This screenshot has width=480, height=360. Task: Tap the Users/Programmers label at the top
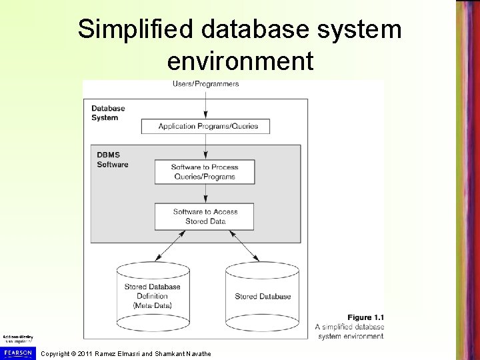pos(205,84)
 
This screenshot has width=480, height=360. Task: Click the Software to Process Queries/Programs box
pos(205,172)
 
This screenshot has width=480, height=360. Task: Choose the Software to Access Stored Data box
pos(205,216)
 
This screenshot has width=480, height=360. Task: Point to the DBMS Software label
pos(111,160)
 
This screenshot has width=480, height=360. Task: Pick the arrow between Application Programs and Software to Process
pos(205,145)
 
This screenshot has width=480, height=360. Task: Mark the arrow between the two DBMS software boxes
pos(205,193)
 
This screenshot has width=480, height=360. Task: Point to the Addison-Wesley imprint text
pos(18,339)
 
